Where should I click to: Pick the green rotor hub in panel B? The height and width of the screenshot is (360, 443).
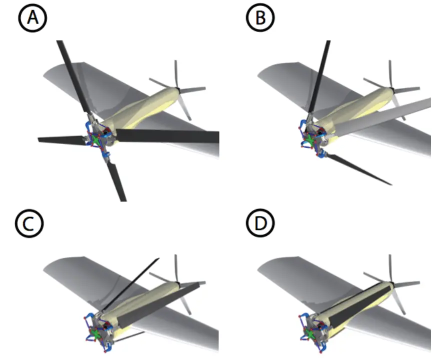310,140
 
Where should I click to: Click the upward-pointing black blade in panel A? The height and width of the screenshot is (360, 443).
72,75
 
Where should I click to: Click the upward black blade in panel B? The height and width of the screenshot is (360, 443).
319,75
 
